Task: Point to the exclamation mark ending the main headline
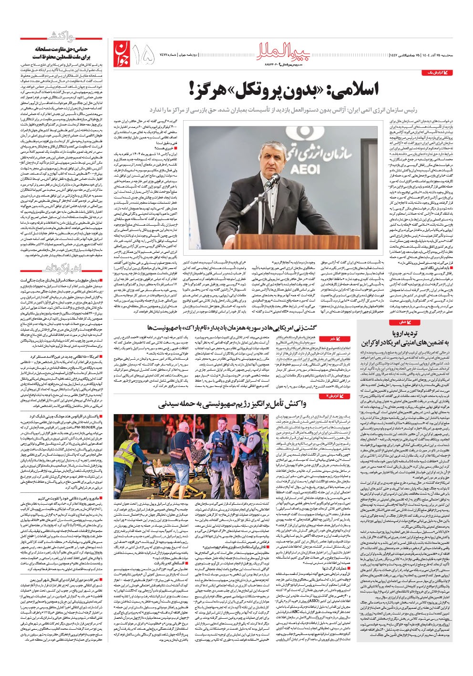point(192,89)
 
